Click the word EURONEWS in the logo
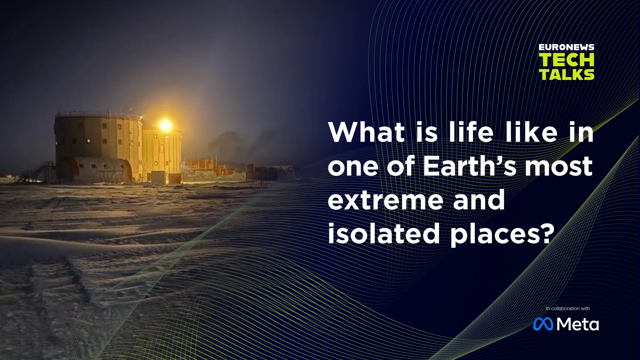566,47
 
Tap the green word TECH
566,60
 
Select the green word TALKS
567,74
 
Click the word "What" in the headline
366,132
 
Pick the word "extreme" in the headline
385,200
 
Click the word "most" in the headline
559,167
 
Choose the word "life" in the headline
471,132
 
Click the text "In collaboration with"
568,308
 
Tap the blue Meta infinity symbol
543,324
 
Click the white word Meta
578,324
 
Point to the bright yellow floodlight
165,126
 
